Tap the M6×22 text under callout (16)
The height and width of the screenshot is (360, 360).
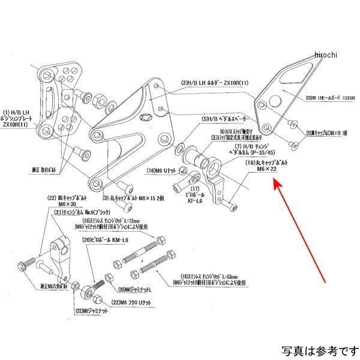265,170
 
